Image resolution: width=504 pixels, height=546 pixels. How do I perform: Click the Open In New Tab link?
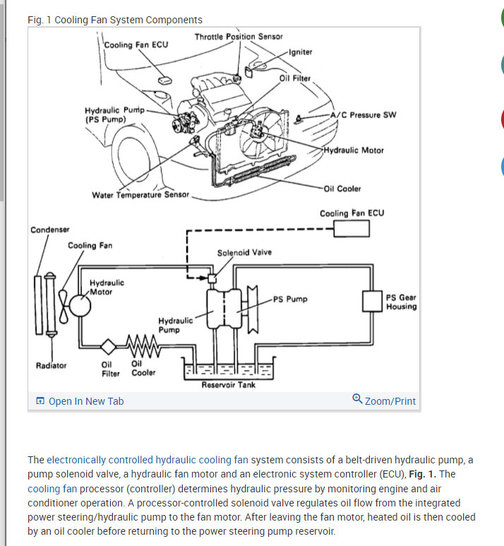click(x=80, y=401)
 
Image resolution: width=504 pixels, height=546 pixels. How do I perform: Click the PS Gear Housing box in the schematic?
click(x=371, y=301)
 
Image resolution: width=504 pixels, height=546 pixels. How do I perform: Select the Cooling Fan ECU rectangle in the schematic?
click(x=352, y=229)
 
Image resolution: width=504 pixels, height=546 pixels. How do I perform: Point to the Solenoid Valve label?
click(x=244, y=252)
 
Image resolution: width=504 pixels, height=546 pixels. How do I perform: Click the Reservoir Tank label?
click(x=229, y=385)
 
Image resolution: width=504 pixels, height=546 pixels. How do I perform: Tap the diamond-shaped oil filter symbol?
click(x=108, y=347)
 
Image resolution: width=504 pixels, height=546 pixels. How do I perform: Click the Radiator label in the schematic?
click(x=51, y=365)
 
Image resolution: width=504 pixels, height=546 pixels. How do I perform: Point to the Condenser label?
click(x=50, y=230)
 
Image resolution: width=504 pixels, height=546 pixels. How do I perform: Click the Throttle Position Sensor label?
click(x=239, y=37)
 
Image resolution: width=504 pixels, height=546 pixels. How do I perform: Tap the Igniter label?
click(x=300, y=52)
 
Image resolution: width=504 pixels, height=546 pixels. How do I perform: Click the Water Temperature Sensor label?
click(x=140, y=195)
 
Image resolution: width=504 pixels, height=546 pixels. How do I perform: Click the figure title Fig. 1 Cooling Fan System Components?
click(x=114, y=20)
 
